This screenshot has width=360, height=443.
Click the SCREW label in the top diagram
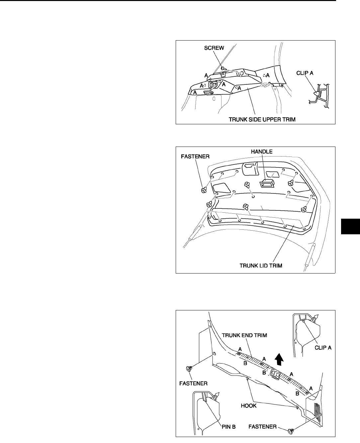(214, 48)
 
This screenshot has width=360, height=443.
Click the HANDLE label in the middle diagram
(262, 152)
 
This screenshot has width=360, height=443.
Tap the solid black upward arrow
(280, 359)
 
